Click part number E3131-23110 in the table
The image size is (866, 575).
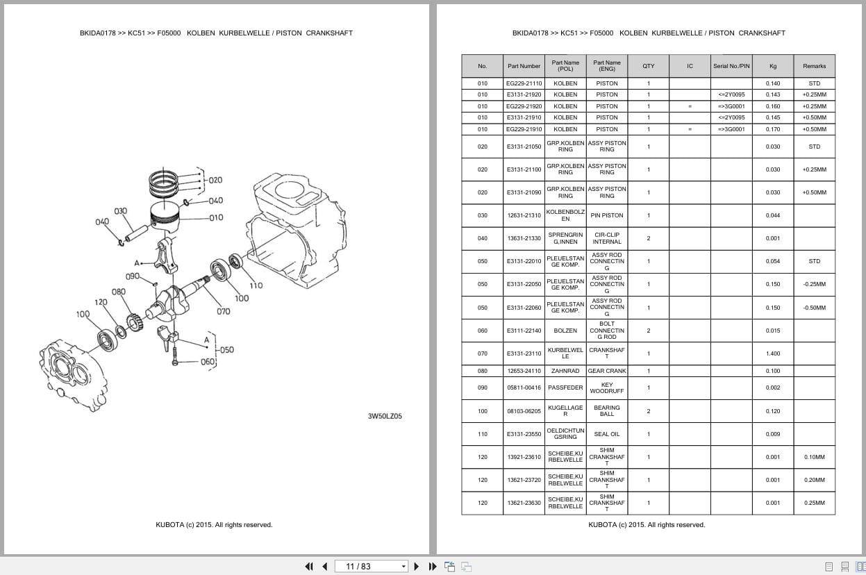click(x=524, y=353)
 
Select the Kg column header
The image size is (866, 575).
click(x=772, y=66)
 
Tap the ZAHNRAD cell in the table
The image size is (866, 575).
click(x=565, y=371)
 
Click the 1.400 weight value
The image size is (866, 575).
click(x=772, y=353)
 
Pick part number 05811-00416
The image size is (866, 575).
click(x=524, y=387)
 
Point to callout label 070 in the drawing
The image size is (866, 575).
click(x=223, y=312)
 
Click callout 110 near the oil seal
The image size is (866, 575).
click(x=256, y=285)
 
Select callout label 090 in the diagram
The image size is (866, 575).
click(x=133, y=276)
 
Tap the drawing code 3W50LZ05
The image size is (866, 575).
click(x=385, y=417)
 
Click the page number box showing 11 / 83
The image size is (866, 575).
click(x=371, y=566)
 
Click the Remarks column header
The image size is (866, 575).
click(x=814, y=66)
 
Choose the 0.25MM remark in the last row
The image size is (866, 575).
click(x=814, y=503)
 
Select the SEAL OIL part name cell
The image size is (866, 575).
click(x=606, y=434)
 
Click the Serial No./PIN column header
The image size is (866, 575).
click(x=731, y=66)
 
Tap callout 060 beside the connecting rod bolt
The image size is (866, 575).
click(x=208, y=362)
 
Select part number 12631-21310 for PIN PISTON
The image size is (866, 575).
click(x=524, y=215)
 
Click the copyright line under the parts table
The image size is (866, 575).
click(x=647, y=525)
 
